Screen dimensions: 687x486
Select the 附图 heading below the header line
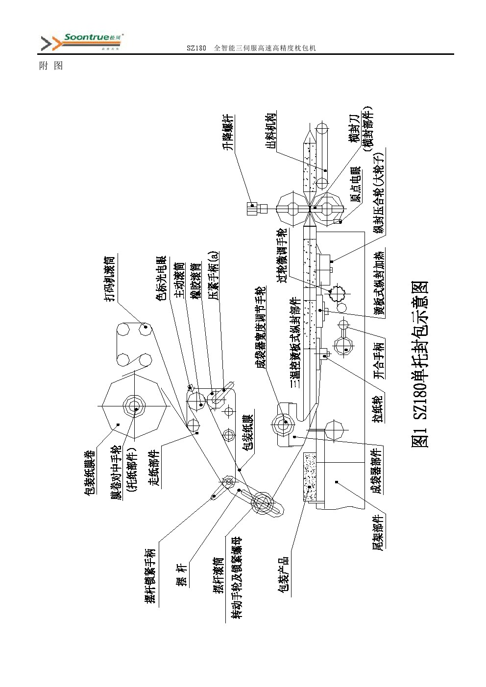[x=51, y=66]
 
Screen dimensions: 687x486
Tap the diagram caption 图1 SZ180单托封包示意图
[x=420, y=364]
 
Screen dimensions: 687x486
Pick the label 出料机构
[x=271, y=132]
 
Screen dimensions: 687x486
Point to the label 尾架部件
[x=378, y=532]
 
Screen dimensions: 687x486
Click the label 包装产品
[x=283, y=576]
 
